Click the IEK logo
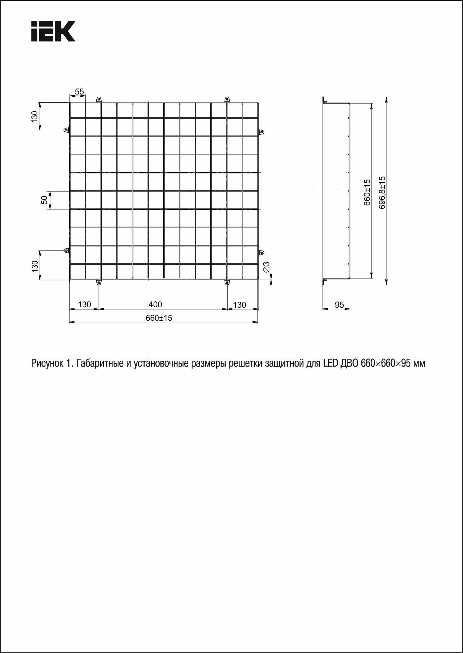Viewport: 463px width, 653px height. [x=53, y=31]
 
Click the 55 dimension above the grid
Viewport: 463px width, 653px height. [x=79, y=91]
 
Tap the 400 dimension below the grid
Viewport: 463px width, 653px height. [x=155, y=304]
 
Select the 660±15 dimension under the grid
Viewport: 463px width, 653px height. [x=159, y=318]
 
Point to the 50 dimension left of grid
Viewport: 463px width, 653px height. [x=44, y=200]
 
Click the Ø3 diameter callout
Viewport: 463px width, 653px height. [x=266, y=267]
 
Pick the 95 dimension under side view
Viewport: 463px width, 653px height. [x=339, y=305]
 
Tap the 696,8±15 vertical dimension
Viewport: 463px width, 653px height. [x=382, y=192]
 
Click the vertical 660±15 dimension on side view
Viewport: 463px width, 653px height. [x=367, y=192]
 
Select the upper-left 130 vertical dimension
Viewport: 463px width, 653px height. [x=34, y=116]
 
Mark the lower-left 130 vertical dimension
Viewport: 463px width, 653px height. [x=34, y=265]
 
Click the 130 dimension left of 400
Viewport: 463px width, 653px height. [x=84, y=304]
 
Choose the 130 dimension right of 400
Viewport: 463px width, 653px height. [x=240, y=305]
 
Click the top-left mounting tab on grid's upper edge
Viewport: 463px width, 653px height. [x=99, y=99]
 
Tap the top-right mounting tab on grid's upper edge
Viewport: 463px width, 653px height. [x=227, y=99]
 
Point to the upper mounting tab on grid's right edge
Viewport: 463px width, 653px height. [x=262, y=132]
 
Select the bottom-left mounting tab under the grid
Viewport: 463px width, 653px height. [x=99, y=282]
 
